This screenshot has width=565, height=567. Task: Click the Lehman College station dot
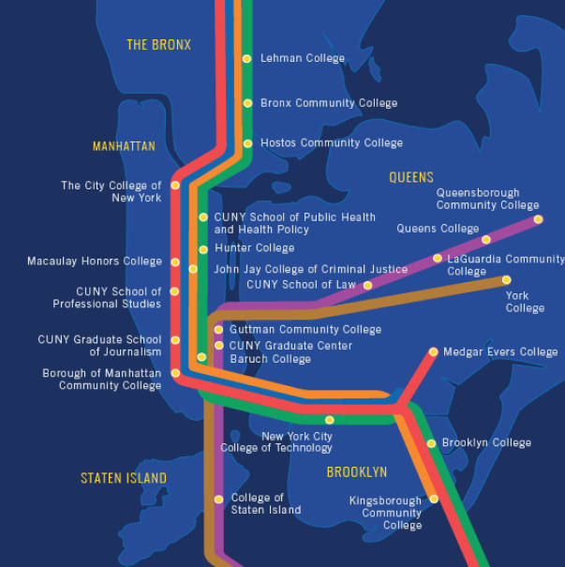click(x=246, y=58)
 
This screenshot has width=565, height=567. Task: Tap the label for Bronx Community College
click(x=328, y=103)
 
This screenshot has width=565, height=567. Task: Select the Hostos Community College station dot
click(x=247, y=143)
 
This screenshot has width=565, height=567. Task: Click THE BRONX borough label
click(x=158, y=45)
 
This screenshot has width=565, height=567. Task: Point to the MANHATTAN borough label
click(x=124, y=146)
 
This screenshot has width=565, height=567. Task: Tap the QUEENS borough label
click(x=411, y=177)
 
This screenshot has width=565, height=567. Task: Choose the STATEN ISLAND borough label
click(x=124, y=478)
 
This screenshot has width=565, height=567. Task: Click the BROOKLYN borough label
click(x=357, y=472)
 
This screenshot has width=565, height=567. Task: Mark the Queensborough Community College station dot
click(x=539, y=219)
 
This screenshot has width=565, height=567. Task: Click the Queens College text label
click(x=438, y=229)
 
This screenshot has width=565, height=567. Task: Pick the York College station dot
click(x=507, y=279)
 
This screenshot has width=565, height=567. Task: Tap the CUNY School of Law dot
click(x=367, y=285)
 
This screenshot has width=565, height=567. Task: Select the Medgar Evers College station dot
click(x=433, y=352)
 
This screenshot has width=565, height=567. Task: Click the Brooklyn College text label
click(x=486, y=443)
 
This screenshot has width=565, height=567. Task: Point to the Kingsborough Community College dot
click(x=433, y=499)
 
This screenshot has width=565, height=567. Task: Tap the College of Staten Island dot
click(x=219, y=499)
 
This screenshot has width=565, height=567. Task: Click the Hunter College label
click(x=254, y=248)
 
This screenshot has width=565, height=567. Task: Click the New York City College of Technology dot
click(x=329, y=420)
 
